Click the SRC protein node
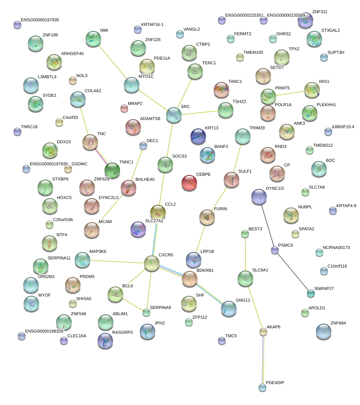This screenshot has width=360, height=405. (174, 115)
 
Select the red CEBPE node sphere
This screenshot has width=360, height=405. (189, 182)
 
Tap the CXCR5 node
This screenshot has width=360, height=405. (151, 263)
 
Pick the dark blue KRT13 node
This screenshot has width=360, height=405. (198, 136)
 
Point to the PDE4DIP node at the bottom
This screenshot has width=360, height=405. (262, 387)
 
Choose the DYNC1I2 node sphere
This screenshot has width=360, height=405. (259, 197)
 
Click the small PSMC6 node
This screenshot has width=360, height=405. (275, 250)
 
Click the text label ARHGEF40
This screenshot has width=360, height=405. (72, 54)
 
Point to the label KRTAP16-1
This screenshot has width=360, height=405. (153, 25)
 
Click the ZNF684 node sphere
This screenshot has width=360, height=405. (323, 331)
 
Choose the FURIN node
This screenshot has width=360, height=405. (207, 218)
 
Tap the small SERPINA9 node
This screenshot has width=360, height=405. (146, 312)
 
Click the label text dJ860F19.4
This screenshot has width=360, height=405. (343, 127)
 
